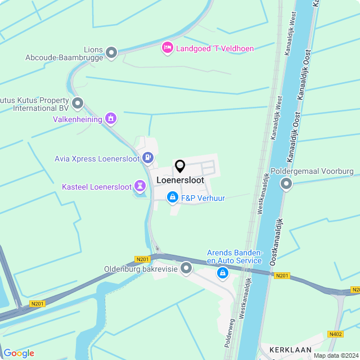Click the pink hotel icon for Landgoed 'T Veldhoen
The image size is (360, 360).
click(167, 48)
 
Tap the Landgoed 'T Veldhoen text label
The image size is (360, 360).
click(215, 48)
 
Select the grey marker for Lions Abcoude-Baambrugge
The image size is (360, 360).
click(111, 53)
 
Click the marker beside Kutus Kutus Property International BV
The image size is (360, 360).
click(78, 103)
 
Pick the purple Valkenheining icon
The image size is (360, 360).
click(111, 119)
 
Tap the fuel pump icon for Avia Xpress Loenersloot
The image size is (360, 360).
click(148, 158)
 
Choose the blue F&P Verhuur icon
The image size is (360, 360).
click(172, 197)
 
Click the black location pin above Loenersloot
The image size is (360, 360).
click(180, 166)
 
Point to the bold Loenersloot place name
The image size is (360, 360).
click(180, 181)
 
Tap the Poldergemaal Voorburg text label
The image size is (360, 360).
click(312, 171)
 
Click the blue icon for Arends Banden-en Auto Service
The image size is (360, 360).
click(223, 273)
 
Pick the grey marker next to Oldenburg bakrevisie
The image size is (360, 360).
click(186, 269)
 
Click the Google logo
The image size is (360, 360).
click(19, 353)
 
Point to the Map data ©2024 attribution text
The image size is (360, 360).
click(335, 355)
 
